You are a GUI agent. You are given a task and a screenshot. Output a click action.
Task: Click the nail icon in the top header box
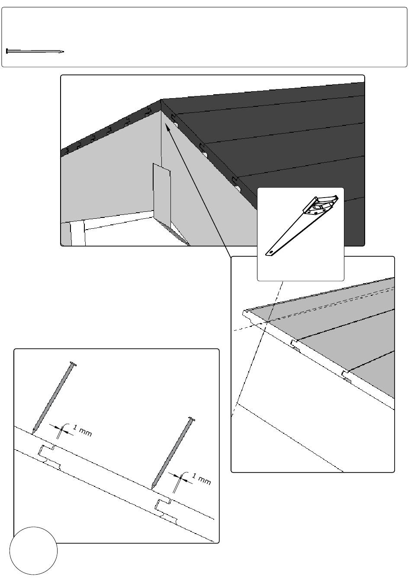[x=35, y=51]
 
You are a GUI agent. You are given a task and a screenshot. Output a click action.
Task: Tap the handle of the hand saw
[x=321, y=205]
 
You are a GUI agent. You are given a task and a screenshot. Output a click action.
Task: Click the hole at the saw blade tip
[x=272, y=252]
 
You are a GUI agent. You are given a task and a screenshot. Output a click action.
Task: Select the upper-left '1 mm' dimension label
[x=82, y=431]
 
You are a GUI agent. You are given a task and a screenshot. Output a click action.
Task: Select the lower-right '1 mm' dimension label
[x=201, y=479]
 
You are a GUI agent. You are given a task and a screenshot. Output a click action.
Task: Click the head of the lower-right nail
[x=191, y=419]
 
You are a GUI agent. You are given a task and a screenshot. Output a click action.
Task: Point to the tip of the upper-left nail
[x=33, y=432]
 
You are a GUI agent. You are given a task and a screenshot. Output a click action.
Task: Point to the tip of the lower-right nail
[x=152, y=488]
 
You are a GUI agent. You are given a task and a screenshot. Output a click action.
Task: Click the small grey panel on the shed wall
[x=162, y=195]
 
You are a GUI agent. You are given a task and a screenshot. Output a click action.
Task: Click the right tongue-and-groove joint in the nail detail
[x=166, y=510]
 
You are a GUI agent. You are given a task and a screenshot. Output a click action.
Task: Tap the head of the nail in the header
[x=7, y=51]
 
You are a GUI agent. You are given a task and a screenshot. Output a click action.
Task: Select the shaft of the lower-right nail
[x=172, y=454]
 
